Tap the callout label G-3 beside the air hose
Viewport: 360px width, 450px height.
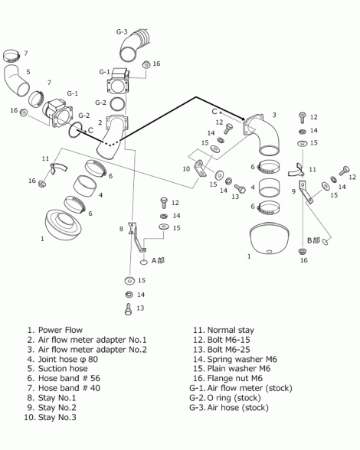point(122,31)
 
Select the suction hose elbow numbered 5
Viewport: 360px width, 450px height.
point(17,80)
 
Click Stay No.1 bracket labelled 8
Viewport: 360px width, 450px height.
point(136,236)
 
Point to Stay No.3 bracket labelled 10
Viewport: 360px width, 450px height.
point(200,168)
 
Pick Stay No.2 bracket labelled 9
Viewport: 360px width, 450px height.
point(305,191)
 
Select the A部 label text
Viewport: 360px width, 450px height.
point(158,260)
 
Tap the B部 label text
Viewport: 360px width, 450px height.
point(314,240)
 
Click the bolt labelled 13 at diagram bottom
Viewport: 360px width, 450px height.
point(128,309)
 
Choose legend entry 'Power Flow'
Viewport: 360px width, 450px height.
point(61,330)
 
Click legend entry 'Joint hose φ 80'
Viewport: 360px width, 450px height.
point(68,360)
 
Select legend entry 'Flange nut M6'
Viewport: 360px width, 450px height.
point(235,379)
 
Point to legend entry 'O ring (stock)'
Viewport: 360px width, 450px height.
point(234,398)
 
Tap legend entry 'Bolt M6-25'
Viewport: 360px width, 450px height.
point(229,350)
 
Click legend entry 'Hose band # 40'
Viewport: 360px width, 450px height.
point(69,388)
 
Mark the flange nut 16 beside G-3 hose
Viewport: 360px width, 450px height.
point(146,65)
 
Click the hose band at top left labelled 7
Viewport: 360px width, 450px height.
point(11,57)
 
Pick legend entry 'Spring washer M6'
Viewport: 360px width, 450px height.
point(242,360)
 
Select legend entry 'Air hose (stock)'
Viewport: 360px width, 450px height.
point(238,408)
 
